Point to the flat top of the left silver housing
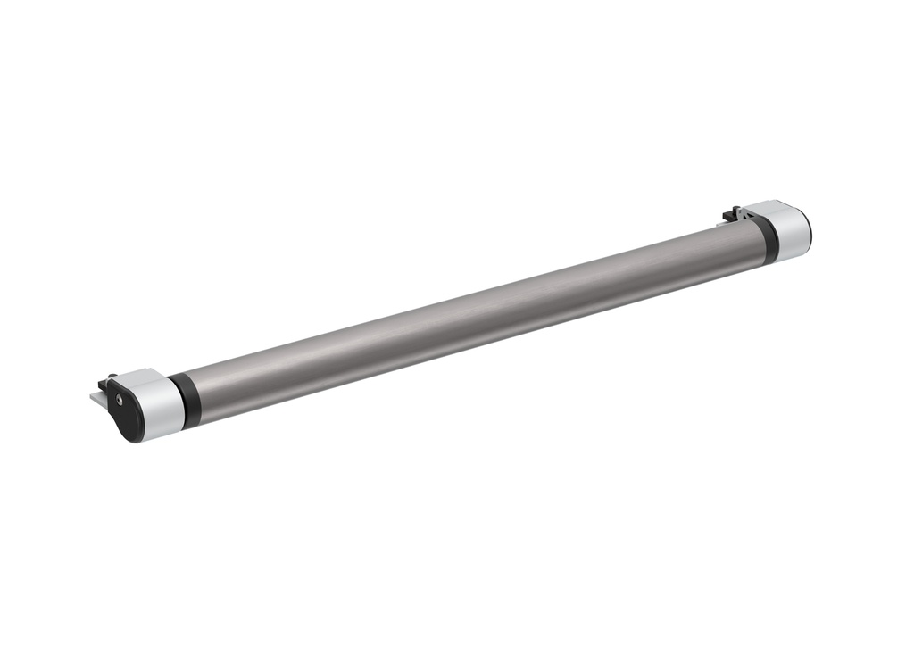point(143,378)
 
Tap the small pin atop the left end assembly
point(112,377)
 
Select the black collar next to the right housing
point(766,239)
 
